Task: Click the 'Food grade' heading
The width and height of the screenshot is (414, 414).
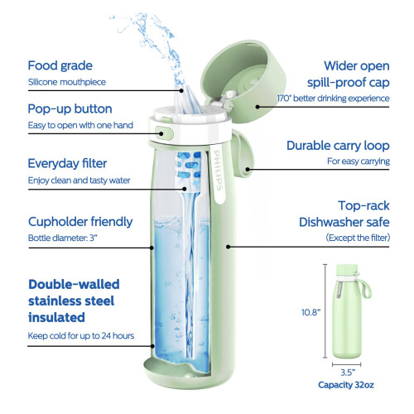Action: tap(60, 66)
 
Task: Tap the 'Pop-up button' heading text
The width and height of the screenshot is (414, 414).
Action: tap(70, 109)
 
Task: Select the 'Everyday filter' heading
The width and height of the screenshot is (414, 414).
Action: tap(67, 164)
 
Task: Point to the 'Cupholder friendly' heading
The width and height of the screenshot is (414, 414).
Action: tap(80, 222)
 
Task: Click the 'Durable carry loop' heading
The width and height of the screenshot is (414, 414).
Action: tap(338, 146)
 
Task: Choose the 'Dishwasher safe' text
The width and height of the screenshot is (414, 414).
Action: tap(344, 222)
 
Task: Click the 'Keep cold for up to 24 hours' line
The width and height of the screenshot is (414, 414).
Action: tap(81, 336)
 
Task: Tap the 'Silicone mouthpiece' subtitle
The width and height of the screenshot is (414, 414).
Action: tap(67, 82)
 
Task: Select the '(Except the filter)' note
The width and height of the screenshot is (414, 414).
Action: tap(358, 238)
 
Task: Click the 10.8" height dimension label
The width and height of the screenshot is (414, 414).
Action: tap(310, 312)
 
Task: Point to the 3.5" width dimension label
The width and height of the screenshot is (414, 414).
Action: tap(348, 373)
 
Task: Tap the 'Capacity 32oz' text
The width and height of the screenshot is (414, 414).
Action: tap(346, 385)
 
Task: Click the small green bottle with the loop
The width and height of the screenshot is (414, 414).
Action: tap(349, 311)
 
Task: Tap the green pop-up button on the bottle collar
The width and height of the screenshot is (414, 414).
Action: tap(164, 133)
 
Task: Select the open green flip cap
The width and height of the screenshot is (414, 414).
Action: tap(243, 80)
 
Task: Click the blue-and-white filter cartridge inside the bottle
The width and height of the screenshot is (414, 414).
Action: tap(190, 171)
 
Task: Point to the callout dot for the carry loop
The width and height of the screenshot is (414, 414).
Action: tap(248, 169)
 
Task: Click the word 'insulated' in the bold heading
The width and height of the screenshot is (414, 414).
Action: tap(56, 317)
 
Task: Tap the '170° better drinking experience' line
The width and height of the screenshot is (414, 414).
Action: tap(333, 99)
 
